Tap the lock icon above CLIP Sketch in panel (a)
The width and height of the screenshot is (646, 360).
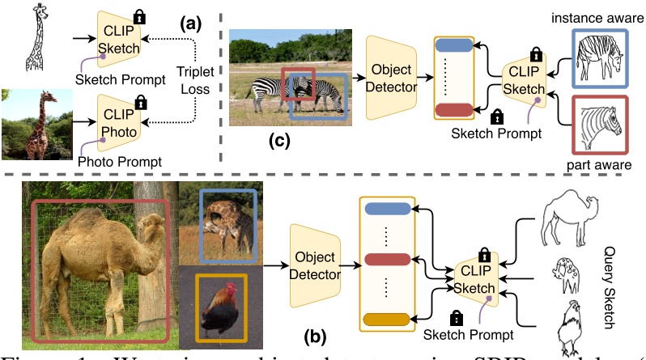139,15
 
